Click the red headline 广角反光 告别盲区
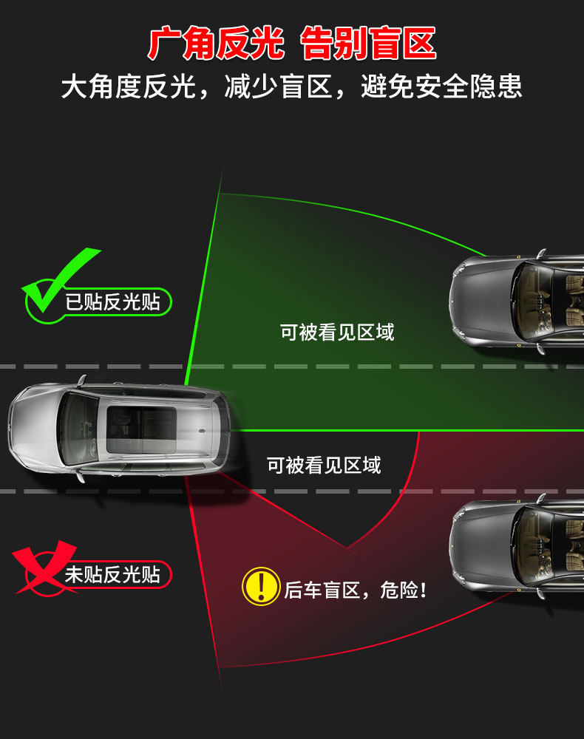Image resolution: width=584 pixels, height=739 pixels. [292, 44]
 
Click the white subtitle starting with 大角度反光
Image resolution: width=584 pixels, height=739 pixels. [292, 87]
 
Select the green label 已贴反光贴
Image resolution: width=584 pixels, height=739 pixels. [112, 302]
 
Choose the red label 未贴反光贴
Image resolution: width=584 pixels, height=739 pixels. [112, 575]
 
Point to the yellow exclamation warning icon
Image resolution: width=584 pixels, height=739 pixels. [260, 586]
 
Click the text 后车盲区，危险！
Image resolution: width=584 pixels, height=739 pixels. [356, 590]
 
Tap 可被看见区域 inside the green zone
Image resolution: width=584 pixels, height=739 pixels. [337, 332]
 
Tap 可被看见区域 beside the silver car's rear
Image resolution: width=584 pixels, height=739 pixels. [324, 465]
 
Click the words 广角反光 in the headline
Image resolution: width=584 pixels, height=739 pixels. [215, 44]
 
